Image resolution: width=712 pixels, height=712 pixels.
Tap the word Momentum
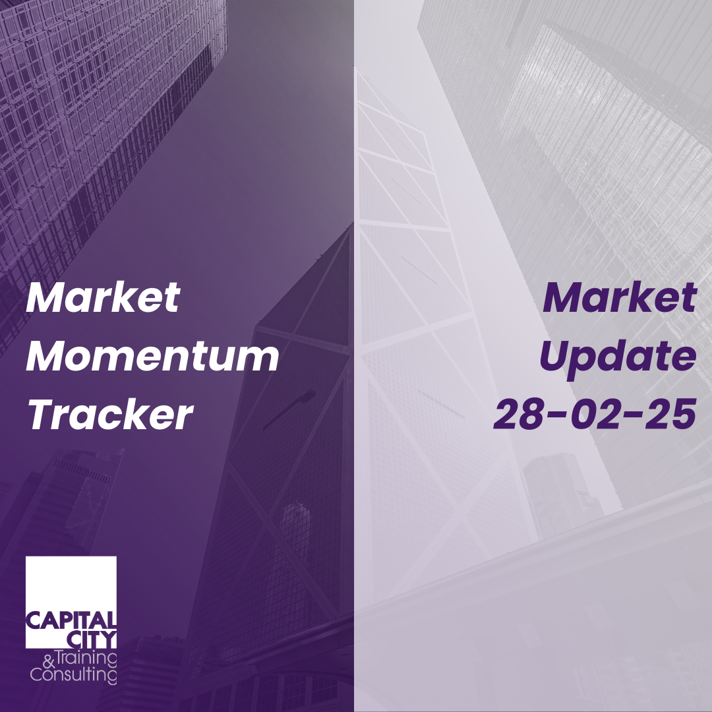pyautogui.click(x=152, y=357)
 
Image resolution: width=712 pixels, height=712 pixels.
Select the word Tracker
pyautogui.click(x=110, y=415)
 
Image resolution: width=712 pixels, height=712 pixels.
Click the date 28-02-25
pyautogui.click(x=595, y=415)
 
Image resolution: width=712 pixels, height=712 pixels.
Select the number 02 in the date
pyautogui.click(x=594, y=415)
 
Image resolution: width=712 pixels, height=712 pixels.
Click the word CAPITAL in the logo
pyautogui.click(x=71, y=620)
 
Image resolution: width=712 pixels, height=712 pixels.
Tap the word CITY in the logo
pyautogui.click(x=92, y=639)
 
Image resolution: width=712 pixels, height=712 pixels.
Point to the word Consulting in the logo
pyautogui.click(x=74, y=674)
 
